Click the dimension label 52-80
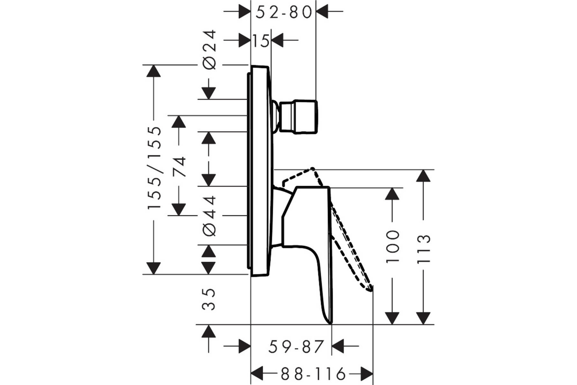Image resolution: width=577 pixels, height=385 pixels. [x=284, y=12]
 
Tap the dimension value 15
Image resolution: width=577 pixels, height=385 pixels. [x=261, y=41]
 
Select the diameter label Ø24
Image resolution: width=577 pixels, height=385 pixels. [x=209, y=50]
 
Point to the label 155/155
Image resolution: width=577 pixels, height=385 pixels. [x=154, y=167]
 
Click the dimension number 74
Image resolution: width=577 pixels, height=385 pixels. [x=179, y=167]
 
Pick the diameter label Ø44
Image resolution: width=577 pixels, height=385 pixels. [x=209, y=216]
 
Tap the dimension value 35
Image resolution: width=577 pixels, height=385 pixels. [x=208, y=299]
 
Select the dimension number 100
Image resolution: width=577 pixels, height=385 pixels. [x=392, y=247]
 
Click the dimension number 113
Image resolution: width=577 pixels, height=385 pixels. [x=424, y=249]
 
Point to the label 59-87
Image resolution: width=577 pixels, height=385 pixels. [x=296, y=346]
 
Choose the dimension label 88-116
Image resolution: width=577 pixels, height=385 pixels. [x=313, y=373]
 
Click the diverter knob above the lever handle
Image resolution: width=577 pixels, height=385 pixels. [x=298, y=117]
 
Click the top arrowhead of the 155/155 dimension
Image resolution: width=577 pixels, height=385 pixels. [x=153, y=71]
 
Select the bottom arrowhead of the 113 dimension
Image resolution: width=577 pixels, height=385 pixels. [x=423, y=319]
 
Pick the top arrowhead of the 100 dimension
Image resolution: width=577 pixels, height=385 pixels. [x=392, y=194]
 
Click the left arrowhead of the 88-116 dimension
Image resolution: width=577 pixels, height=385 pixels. [x=257, y=373]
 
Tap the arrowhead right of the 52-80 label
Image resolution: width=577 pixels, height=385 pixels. [x=322, y=12]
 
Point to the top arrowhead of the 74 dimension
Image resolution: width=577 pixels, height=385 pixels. [x=178, y=122]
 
